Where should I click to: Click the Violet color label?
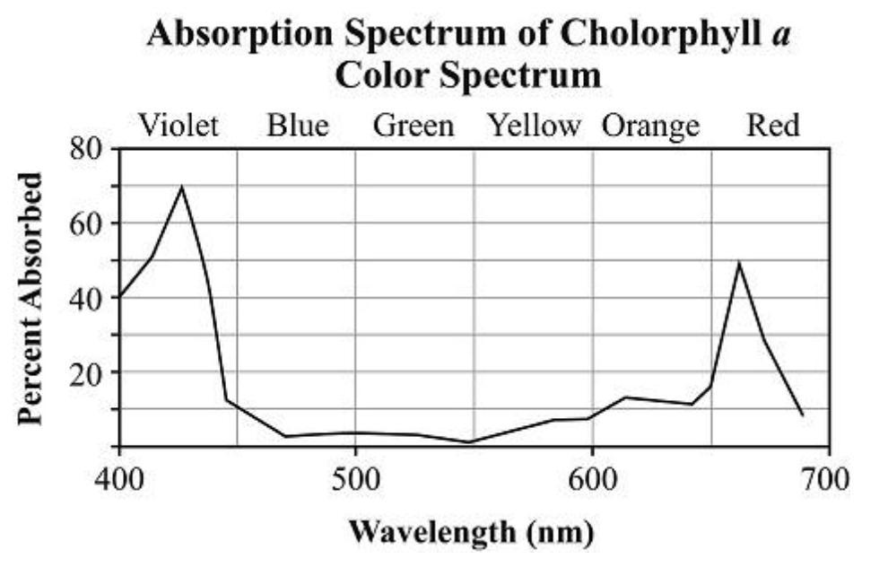click(178, 126)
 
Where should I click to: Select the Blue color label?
click(298, 126)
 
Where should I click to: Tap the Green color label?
click(414, 126)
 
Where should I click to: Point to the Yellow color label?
click(534, 126)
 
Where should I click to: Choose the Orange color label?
click(649, 126)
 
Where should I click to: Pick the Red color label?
click(772, 126)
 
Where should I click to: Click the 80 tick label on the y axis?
click(88, 149)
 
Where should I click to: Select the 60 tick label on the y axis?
click(88, 223)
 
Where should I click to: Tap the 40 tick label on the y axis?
click(88, 298)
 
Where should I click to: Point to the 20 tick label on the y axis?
click(88, 372)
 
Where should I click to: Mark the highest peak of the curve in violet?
click(182, 187)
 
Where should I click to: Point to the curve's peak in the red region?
click(738, 262)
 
